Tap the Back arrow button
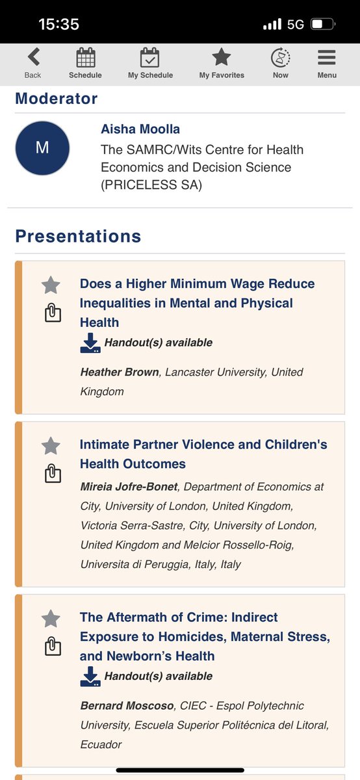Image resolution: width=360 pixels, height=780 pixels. [33, 58]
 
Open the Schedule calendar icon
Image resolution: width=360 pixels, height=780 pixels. [86, 58]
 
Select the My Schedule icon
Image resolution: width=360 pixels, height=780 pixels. [150, 58]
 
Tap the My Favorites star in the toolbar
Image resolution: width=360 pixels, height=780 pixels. [222, 58]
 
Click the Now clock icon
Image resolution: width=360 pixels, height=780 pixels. [280, 58]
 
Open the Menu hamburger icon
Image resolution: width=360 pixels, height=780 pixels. [326, 58]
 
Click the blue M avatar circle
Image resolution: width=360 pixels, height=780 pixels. [42, 148]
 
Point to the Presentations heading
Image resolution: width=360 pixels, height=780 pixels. [78, 236]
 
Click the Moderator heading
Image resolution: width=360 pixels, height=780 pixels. [57, 99]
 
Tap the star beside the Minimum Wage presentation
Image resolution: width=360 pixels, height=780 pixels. [51, 285]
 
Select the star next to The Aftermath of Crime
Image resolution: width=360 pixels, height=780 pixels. [51, 618]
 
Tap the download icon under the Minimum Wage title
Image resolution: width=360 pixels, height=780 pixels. [90, 343]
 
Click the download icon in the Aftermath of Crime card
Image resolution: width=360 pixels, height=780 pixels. [90, 676]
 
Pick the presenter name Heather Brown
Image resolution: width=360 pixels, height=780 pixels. [120, 372]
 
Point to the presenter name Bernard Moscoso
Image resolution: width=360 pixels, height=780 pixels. [127, 706]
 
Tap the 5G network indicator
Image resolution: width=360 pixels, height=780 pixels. [296, 25]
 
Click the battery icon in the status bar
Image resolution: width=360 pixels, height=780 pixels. [322, 25]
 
